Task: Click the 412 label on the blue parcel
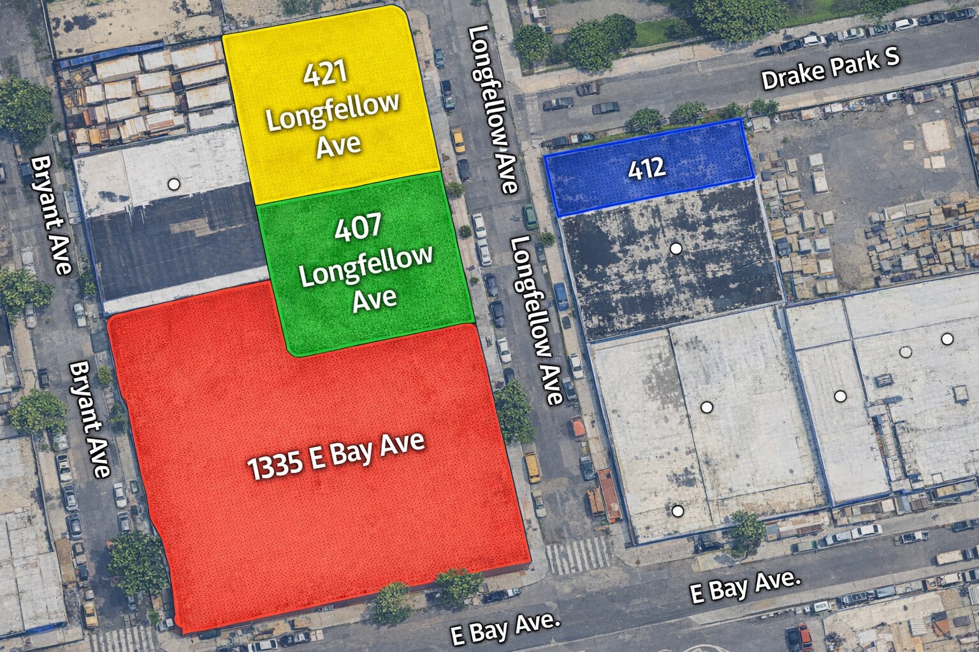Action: [646, 168]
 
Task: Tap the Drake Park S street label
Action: [830, 70]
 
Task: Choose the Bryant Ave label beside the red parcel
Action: [89, 420]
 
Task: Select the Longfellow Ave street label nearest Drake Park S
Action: [492, 110]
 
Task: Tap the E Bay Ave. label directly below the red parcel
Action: [504, 628]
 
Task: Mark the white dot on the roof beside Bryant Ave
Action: [173, 185]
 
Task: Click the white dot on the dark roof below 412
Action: [676, 248]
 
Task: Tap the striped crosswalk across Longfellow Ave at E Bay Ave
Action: [577, 553]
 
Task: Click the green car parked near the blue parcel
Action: [529, 216]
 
